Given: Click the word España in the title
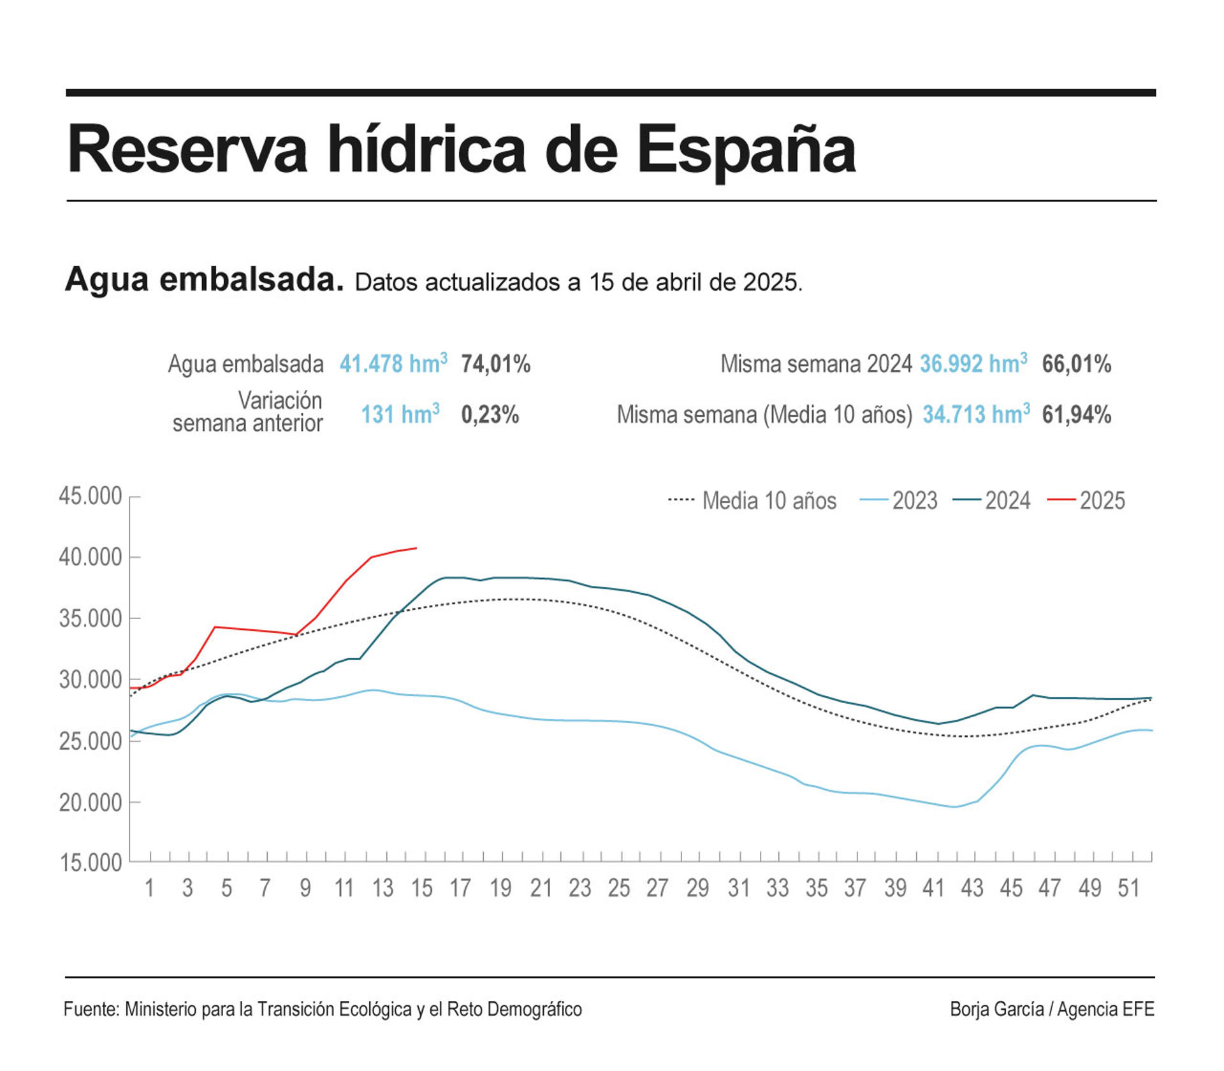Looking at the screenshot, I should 746,150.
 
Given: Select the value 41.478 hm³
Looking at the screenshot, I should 393,364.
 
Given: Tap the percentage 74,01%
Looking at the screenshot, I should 495,364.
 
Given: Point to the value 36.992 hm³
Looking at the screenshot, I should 973,364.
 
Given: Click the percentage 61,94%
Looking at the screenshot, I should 1076,415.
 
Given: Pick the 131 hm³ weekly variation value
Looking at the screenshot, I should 400,415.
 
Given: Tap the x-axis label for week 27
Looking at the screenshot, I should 657,888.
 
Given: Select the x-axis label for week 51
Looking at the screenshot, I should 1128,888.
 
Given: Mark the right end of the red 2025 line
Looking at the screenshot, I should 416,548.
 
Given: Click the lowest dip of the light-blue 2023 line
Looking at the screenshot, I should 954,806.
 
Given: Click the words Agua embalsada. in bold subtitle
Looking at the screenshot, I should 204,279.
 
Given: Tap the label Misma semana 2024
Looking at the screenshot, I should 815,364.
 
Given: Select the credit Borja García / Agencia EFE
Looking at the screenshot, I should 1051,1009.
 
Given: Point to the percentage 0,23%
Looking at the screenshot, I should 490,415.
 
